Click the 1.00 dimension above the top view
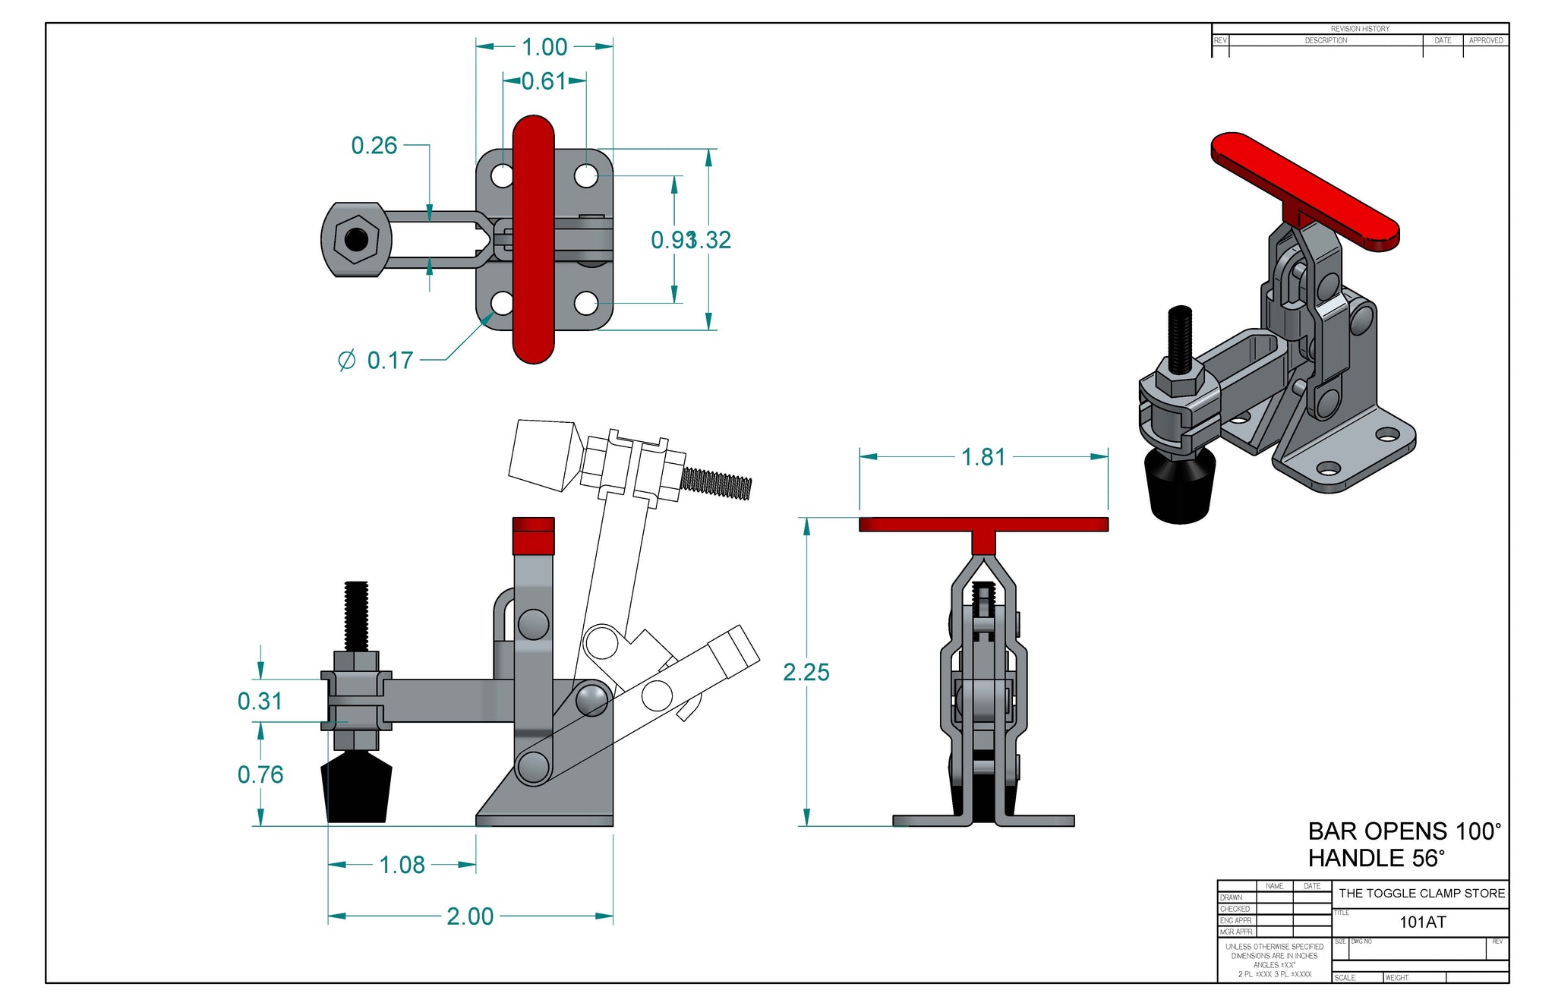coord(544,47)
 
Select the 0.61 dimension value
coord(544,81)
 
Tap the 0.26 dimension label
coord(374,145)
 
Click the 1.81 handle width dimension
coord(983,457)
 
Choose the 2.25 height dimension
coord(806,672)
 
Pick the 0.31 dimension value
coord(260,701)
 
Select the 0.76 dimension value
coord(260,774)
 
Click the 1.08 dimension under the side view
coord(402,865)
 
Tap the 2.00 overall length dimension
coord(470,916)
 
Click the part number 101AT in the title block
coord(1422,922)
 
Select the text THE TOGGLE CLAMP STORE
coord(1421,893)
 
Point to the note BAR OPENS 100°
coord(1404,831)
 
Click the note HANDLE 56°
coord(1375,858)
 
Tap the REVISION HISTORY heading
coord(1360,29)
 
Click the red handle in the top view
coord(533,239)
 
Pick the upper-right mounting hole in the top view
coord(585,176)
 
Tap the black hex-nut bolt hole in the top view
coord(355,240)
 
